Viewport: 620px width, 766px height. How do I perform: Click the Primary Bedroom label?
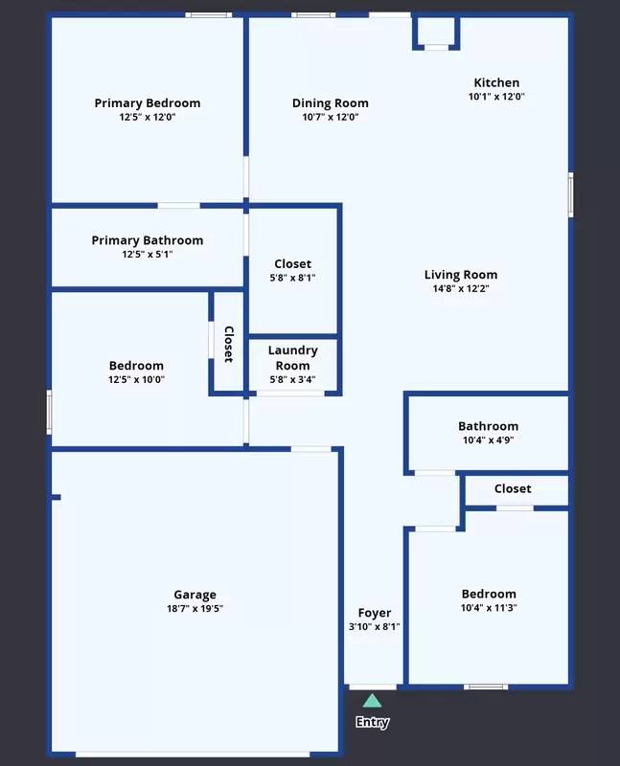coord(147,103)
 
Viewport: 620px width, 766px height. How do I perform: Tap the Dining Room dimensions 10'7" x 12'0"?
coord(330,118)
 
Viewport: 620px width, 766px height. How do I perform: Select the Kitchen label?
coord(496,83)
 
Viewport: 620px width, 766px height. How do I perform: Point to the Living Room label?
coord(461,275)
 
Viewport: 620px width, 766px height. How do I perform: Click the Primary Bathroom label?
coord(147,240)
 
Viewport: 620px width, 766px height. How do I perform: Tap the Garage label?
coord(195,595)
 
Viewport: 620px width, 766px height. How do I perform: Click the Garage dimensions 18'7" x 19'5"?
coord(195,609)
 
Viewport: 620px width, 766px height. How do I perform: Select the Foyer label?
coord(374,613)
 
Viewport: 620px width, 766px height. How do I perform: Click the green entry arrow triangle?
coord(372,701)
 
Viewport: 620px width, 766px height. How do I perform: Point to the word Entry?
coord(372,722)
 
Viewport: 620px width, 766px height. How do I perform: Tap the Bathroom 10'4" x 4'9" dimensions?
coord(488,440)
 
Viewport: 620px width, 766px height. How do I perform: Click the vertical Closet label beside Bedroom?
coord(228,344)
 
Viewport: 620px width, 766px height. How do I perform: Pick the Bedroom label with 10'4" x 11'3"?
coord(488,594)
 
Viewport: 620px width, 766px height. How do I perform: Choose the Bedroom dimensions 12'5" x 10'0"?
coord(136,379)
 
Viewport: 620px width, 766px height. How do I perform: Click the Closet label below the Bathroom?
coord(513,488)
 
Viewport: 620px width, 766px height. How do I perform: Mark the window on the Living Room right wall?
coord(570,195)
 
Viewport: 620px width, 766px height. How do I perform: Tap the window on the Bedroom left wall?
coord(49,412)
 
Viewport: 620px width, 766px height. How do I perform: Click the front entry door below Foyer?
coord(372,687)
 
